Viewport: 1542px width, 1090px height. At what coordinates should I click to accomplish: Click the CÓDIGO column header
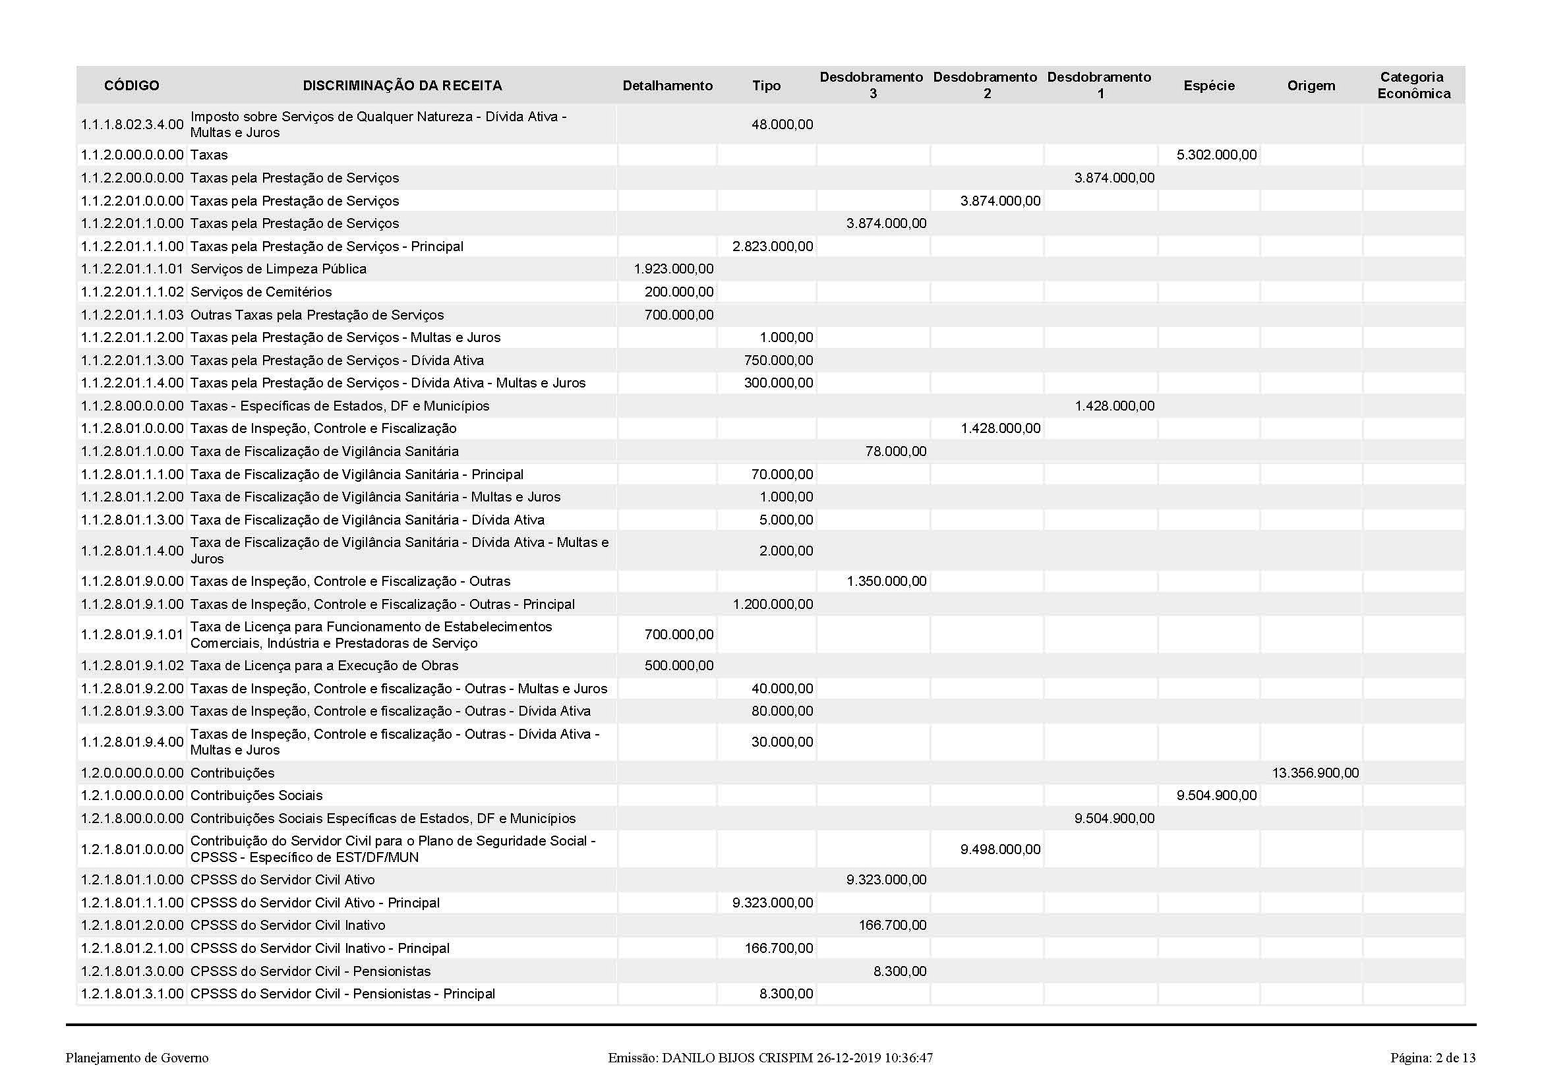click(132, 86)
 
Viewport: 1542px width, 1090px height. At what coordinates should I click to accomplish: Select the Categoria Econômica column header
click(1413, 86)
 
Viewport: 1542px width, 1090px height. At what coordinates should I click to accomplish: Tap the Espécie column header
click(1209, 86)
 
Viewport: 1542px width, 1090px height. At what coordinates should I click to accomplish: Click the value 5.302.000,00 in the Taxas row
click(1216, 155)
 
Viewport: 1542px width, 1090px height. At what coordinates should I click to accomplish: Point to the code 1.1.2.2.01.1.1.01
click(133, 269)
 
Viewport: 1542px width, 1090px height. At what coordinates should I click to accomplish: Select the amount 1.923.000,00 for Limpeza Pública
click(674, 269)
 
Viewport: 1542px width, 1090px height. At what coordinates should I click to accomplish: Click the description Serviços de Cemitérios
click(261, 292)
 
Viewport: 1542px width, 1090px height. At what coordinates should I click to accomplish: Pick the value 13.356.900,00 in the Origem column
click(1315, 773)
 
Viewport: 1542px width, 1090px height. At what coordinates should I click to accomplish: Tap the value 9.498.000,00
click(1000, 849)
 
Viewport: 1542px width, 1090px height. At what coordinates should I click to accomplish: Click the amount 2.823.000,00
click(773, 246)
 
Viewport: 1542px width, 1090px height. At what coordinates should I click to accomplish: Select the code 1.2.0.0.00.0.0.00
click(133, 773)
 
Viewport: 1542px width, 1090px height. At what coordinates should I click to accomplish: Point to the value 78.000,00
click(896, 451)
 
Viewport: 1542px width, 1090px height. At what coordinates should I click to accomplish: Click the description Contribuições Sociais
click(256, 796)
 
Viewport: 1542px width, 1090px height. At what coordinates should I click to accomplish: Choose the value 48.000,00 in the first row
click(782, 125)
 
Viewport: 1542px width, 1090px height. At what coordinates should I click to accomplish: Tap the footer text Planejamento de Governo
click(137, 1058)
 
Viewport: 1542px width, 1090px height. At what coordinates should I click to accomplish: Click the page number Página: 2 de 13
click(1433, 1058)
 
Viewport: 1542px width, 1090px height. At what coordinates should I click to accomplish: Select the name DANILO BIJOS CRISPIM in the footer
click(738, 1058)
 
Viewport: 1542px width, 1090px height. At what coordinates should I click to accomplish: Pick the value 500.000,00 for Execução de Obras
click(679, 666)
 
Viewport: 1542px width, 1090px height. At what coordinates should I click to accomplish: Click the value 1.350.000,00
click(887, 581)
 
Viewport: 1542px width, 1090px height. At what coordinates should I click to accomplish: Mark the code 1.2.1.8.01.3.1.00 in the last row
click(133, 994)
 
